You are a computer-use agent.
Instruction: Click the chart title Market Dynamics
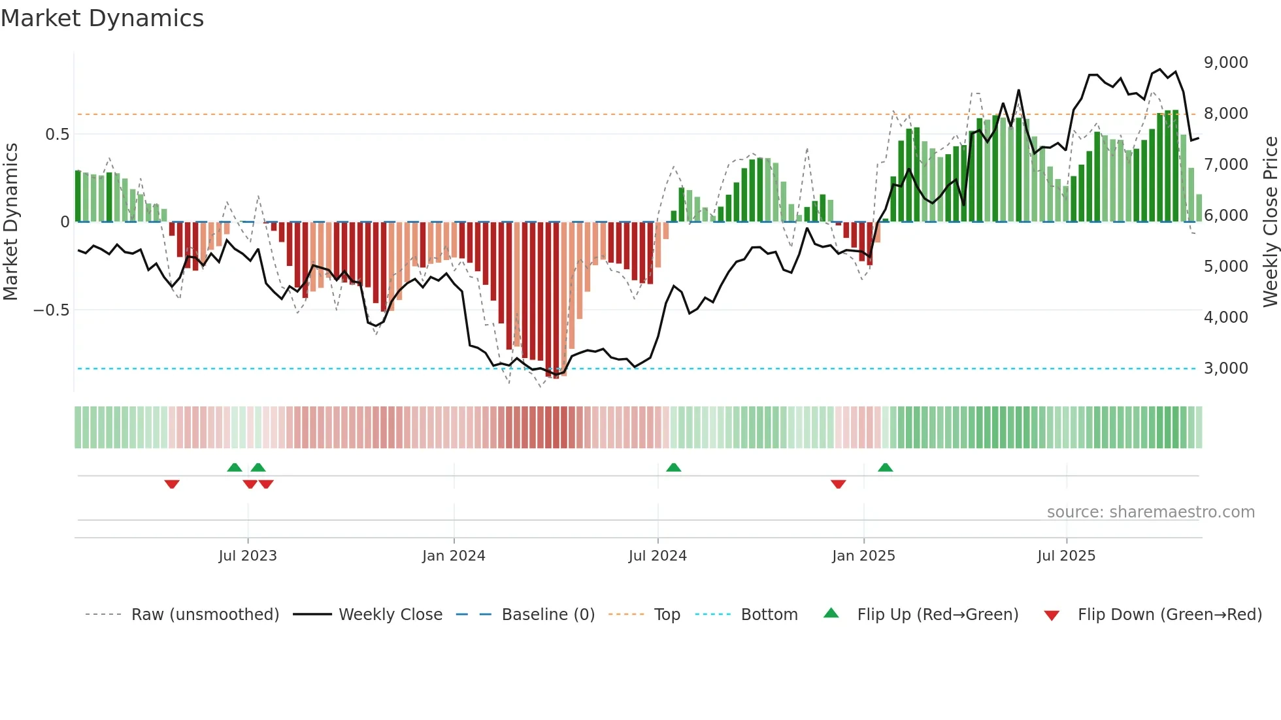102,18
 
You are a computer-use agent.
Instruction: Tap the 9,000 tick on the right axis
1225,63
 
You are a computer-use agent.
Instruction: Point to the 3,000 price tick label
1225,368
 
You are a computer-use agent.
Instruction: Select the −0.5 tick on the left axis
51,310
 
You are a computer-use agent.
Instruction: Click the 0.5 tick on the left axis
57,135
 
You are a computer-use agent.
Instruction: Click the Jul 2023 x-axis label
248,556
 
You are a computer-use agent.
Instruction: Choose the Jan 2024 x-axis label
454,556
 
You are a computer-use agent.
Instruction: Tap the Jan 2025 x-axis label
863,556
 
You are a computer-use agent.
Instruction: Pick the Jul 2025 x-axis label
1066,556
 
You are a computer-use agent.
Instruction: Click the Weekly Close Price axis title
1270,222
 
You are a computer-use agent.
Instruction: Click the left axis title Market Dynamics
10,222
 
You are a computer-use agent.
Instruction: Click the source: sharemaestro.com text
1150,512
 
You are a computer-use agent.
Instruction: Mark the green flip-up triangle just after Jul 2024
673,468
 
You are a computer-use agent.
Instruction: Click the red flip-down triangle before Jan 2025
839,483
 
